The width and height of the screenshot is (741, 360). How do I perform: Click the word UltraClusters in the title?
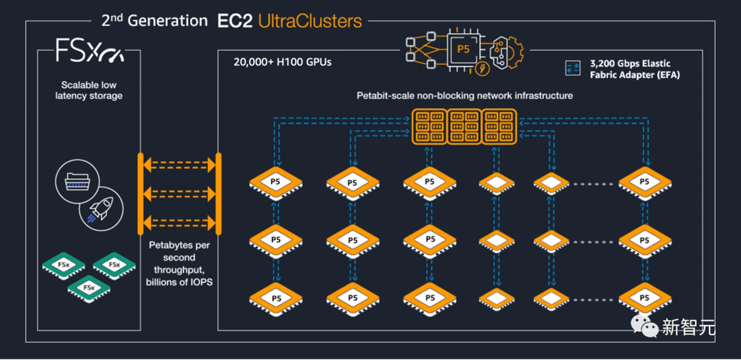(309, 21)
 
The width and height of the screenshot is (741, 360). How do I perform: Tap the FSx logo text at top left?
(89, 52)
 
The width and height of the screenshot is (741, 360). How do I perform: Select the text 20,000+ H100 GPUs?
(282, 62)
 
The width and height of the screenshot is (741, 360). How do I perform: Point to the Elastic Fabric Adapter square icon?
(573, 68)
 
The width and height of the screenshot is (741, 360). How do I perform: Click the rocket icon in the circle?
(101, 211)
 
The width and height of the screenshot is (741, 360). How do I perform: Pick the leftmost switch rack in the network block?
(428, 126)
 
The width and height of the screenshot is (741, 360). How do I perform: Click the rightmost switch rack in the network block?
(499, 126)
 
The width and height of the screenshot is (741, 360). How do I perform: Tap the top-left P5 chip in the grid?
(275, 183)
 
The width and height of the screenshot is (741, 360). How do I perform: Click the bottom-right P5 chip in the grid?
(644, 298)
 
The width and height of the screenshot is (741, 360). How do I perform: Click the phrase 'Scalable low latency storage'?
(89, 91)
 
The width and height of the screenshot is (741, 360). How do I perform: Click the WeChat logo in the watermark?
(644, 327)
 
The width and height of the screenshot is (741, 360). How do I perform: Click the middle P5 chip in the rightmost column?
(644, 241)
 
